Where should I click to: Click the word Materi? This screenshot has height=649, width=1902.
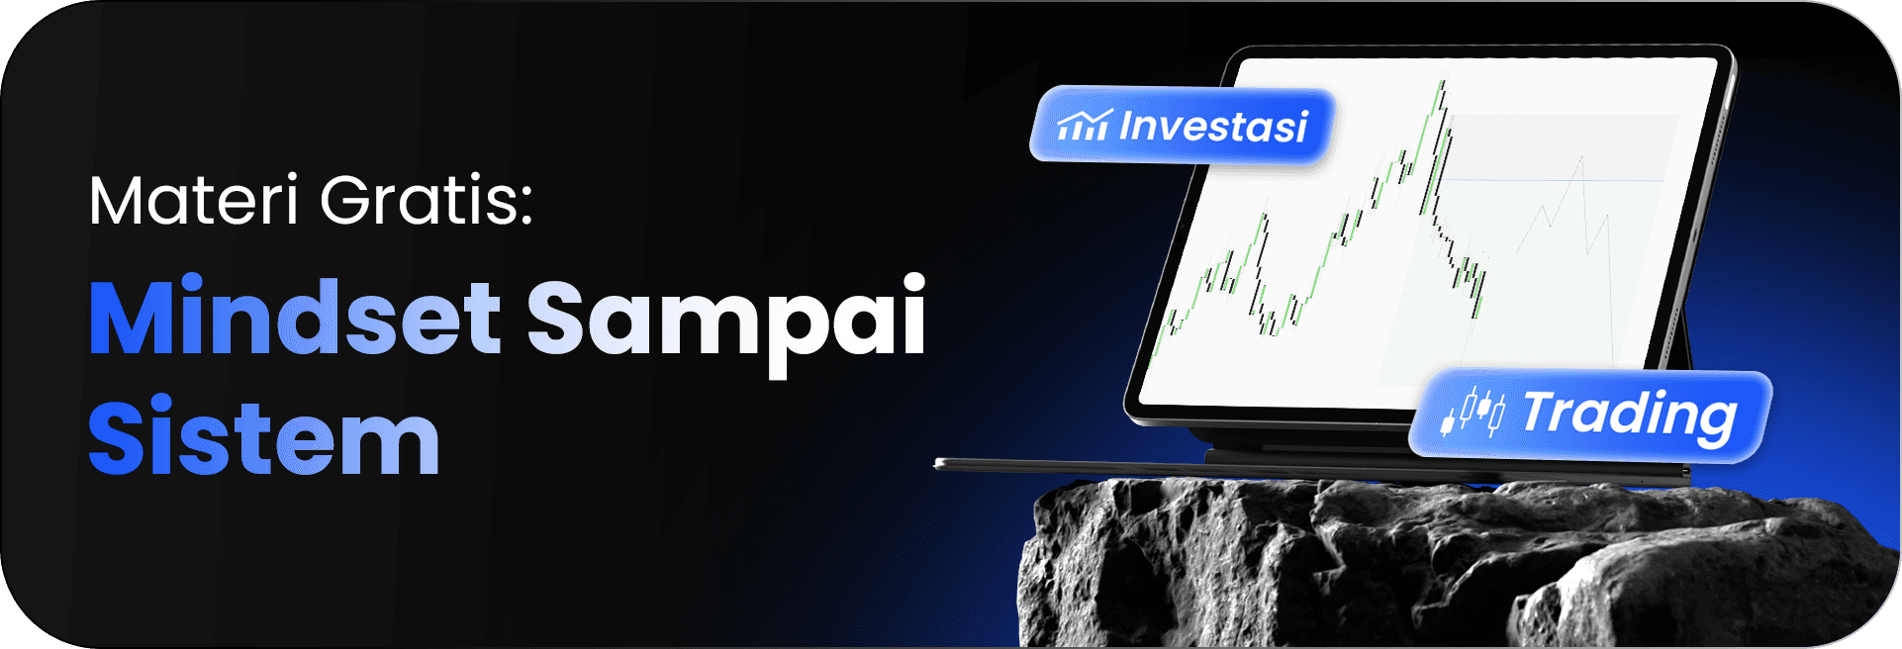coord(194,201)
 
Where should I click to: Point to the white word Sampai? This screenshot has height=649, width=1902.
coord(725,319)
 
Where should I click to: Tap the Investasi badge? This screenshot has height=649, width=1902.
coord(1183,126)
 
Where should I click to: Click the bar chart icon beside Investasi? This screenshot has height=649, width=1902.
coord(1084,126)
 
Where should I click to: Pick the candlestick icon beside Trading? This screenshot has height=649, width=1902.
coord(1474,413)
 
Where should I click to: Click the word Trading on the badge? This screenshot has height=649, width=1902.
coord(1629,414)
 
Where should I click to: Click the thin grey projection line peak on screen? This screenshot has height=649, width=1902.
coord(1581,158)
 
